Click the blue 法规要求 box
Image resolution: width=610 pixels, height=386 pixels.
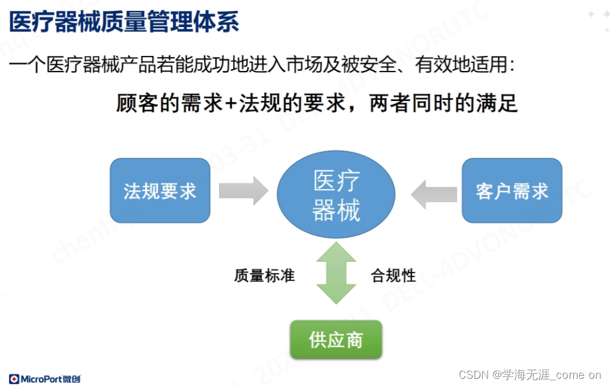click(160, 191)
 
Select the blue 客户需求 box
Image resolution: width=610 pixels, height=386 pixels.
click(512, 191)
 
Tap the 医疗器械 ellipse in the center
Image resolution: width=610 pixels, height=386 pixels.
click(336, 194)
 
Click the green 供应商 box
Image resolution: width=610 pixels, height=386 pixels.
click(336, 340)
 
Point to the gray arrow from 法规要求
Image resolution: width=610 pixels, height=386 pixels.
click(243, 191)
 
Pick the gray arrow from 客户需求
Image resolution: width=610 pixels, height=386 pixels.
click(434, 194)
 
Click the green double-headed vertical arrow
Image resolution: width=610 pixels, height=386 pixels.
click(336, 273)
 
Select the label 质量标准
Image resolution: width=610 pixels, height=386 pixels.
click(264, 276)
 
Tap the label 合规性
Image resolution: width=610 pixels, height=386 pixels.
click(393, 276)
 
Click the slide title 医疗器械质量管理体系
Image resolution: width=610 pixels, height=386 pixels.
click(124, 22)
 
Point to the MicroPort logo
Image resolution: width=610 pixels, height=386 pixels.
click(45, 379)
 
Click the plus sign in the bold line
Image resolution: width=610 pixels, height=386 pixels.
click(230, 103)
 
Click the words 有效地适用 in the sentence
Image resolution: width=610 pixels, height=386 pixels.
click(461, 64)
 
